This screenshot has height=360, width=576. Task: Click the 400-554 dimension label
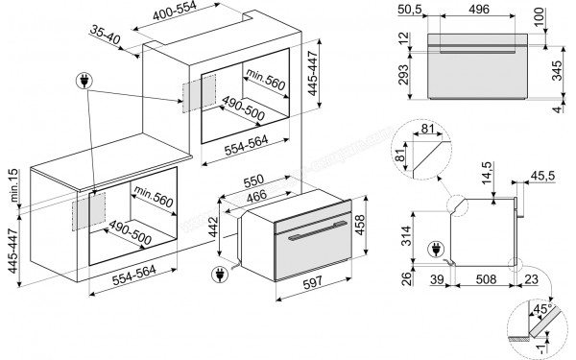[x=175, y=11]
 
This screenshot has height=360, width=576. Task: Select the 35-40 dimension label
[x=105, y=36]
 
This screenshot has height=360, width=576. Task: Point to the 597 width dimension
[x=313, y=282]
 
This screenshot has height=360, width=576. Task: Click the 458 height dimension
[x=360, y=225]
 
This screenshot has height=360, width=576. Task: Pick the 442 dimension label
[x=213, y=228]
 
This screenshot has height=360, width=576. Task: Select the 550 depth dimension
[x=253, y=180]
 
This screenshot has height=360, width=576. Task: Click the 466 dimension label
[x=256, y=196]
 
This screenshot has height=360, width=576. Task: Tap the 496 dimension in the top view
[x=479, y=9]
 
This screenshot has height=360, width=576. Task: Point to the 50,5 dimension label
[x=410, y=10]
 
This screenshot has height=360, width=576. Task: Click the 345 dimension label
[x=557, y=71]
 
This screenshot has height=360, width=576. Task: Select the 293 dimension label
[x=403, y=75]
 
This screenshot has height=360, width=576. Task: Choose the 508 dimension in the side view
[x=486, y=279]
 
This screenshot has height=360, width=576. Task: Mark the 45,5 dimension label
[x=542, y=176]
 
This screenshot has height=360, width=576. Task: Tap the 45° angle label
[x=542, y=309]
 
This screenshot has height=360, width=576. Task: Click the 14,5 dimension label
[x=487, y=173]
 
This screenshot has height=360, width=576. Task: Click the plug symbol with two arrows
[x=84, y=82]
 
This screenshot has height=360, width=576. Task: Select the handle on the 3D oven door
[x=318, y=230]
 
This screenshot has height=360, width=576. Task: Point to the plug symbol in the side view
[x=436, y=251]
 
